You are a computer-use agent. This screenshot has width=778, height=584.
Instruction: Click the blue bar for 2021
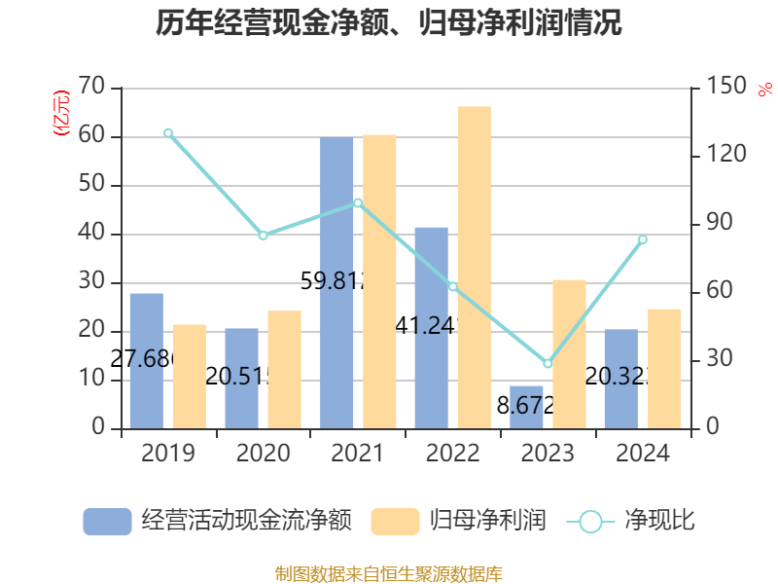336,282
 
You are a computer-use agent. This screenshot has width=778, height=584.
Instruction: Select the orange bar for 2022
474,267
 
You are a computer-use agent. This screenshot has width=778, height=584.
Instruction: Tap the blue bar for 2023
526,407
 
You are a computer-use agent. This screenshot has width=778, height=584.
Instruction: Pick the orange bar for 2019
190,376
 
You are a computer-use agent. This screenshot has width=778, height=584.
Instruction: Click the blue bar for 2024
620,379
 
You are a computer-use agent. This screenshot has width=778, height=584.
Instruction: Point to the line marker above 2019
168,132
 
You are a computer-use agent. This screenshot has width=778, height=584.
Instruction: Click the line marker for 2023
548,364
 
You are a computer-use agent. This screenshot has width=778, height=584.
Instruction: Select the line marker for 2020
263,236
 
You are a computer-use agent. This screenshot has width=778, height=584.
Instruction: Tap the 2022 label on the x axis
453,454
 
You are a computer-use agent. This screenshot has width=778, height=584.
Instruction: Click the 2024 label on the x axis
643,454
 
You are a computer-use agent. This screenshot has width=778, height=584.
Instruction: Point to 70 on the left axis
91,88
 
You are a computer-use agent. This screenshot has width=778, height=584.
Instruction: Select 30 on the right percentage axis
717,360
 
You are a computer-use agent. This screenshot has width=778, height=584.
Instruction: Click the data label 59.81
331,282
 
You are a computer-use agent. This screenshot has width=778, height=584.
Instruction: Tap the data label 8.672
525,406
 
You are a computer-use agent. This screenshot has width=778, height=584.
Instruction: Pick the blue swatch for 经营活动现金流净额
107,522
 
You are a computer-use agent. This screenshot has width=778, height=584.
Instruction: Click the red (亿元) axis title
61,113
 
